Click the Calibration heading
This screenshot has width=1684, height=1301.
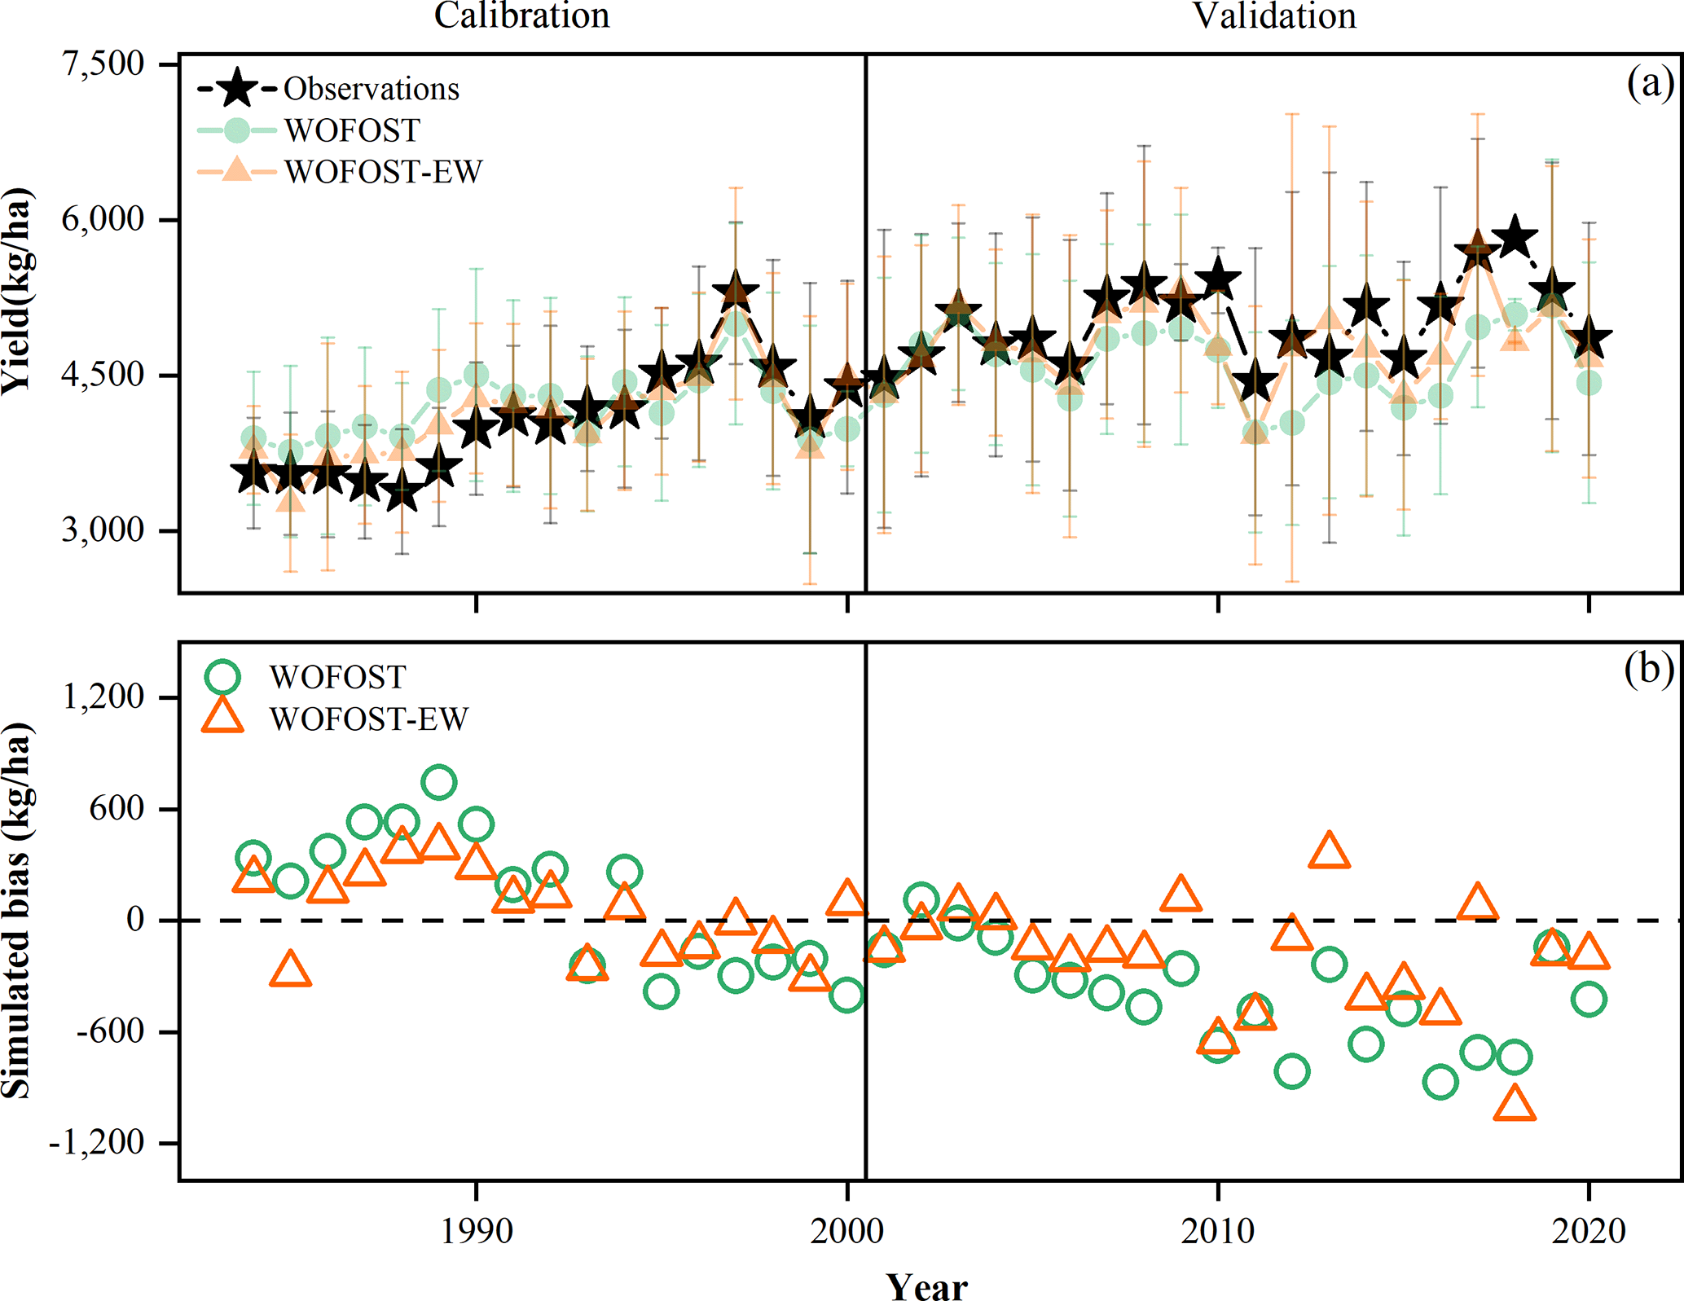coord(521,16)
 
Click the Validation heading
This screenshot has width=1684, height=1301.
coord(1274,16)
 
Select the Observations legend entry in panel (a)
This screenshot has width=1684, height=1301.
coord(371,89)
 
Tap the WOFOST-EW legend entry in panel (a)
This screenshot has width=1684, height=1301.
coord(383,172)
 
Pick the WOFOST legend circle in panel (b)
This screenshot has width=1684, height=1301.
coord(222,676)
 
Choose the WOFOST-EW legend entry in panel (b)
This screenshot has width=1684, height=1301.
coord(368,719)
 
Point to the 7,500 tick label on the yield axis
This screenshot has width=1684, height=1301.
coord(103,64)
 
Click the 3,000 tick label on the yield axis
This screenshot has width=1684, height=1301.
coord(103,530)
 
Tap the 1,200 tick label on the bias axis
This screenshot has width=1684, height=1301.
coord(103,697)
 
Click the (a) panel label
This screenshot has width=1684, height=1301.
coord(1649,84)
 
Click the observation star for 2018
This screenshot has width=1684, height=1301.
coord(1515,238)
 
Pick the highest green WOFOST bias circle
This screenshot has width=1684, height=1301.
coord(439,783)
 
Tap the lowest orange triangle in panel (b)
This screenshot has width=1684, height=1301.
coord(1515,1104)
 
